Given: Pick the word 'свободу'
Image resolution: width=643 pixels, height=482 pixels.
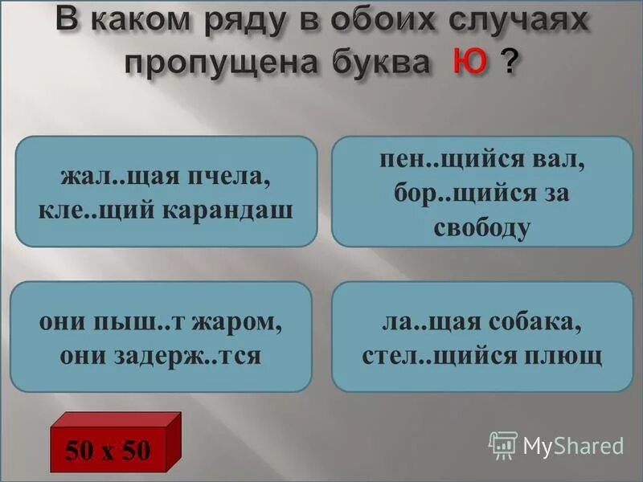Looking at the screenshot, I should pos(482,227).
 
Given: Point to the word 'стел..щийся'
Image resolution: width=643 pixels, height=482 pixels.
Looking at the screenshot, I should pos(453,354).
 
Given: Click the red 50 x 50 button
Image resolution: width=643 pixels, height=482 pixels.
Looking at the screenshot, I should pos(108,449).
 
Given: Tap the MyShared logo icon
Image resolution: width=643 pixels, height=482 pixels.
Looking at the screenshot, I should pos(503,444).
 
